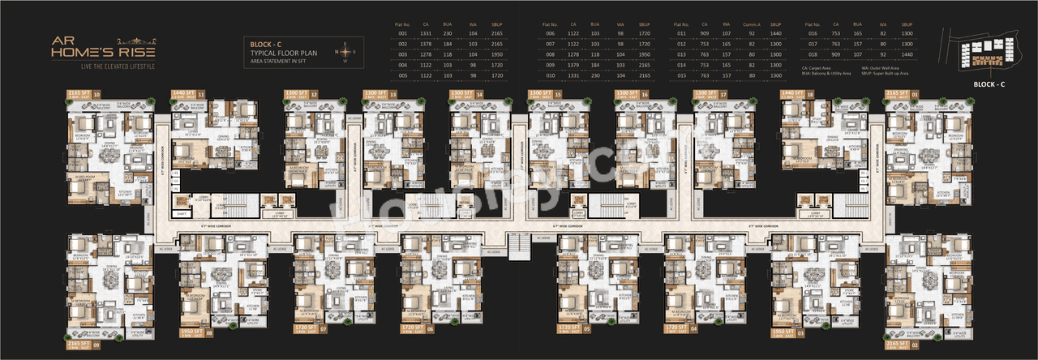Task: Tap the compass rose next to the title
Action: pyautogui.click(x=344, y=51)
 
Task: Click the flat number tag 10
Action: pyautogui.click(x=97, y=95)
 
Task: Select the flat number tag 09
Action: pyautogui.click(x=97, y=345)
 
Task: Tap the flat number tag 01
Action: pyautogui.click(x=937, y=95)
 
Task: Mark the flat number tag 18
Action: pyautogui.click(x=833, y=94)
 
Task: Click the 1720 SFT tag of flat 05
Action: pyautogui.click(x=569, y=328)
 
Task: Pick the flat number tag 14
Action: pyautogui.click(x=480, y=95)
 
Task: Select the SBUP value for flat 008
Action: pyautogui.click(x=644, y=54)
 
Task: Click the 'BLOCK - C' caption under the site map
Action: pyautogui.click(x=989, y=84)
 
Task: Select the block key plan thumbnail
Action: pyautogui.click(x=985, y=51)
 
